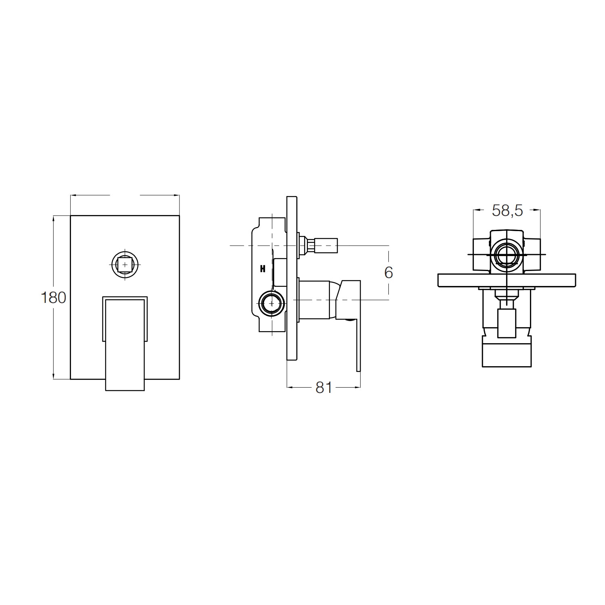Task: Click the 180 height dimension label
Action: (53, 298)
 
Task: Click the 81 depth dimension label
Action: (323, 388)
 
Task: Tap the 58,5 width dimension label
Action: (507, 210)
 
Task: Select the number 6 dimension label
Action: (388, 273)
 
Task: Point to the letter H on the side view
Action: (263, 269)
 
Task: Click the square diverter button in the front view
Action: (125, 265)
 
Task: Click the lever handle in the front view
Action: (125, 343)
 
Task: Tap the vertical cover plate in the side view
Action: (292, 278)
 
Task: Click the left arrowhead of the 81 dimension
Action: (289, 388)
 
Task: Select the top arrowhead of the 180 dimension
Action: (53, 219)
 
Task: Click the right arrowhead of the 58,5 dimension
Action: (538, 210)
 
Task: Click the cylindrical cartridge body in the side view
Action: (317, 299)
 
